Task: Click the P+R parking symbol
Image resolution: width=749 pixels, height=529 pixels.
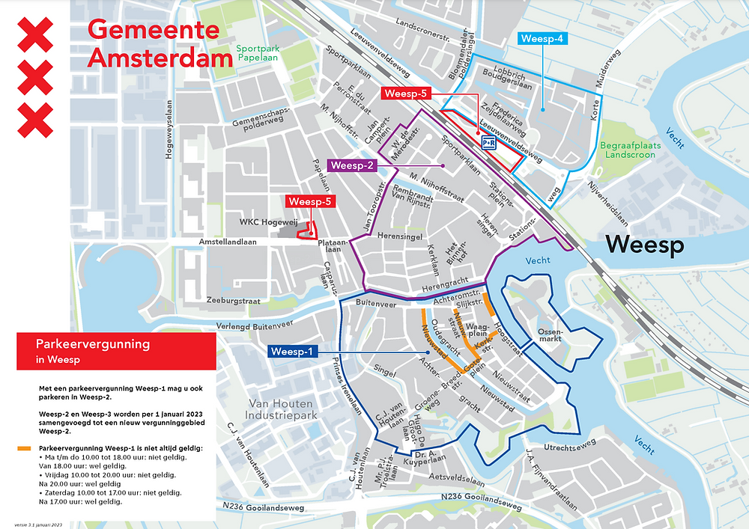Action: pyautogui.click(x=488, y=142)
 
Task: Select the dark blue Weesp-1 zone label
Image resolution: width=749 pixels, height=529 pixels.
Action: pyautogui.click(x=293, y=352)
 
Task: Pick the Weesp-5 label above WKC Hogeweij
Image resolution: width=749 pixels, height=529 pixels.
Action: pyautogui.click(x=309, y=201)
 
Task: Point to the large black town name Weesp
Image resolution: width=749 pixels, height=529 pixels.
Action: pyautogui.click(x=646, y=245)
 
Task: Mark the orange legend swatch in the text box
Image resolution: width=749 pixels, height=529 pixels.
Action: pyautogui.click(x=23, y=448)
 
